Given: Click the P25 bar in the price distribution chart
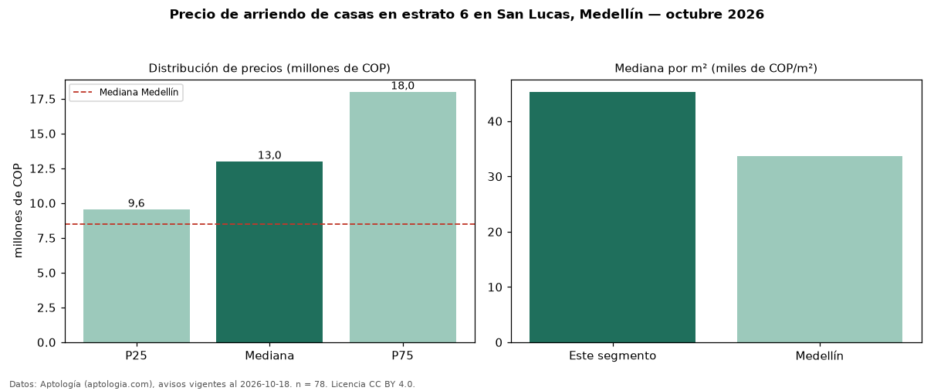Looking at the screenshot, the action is (x=137, y=276).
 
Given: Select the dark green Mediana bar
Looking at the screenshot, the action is (x=269, y=252).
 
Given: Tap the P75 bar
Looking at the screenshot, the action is (x=403, y=217).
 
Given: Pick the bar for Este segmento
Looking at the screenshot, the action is (x=613, y=217).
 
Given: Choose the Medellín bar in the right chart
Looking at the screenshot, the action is (x=820, y=250).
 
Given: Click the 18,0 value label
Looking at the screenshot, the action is (x=403, y=86).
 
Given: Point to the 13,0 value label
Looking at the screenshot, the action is (x=269, y=155).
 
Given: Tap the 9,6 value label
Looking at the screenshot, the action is (x=137, y=203).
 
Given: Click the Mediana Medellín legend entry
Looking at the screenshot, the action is (x=126, y=92).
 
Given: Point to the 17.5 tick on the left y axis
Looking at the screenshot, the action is (x=42, y=100).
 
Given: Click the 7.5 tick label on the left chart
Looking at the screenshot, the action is (x=46, y=238).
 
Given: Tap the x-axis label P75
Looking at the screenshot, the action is (x=403, y=355).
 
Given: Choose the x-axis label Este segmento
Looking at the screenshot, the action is (x=613, y=356).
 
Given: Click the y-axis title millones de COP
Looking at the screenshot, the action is (x=18, y=211).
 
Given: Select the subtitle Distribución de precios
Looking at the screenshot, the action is (x=215, y=68).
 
